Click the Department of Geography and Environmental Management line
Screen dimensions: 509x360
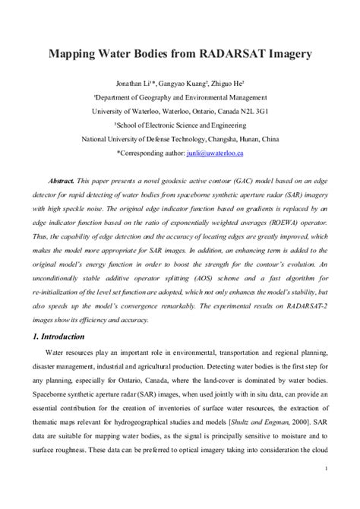(180, 97)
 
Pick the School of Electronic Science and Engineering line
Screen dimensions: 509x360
(180, 125)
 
